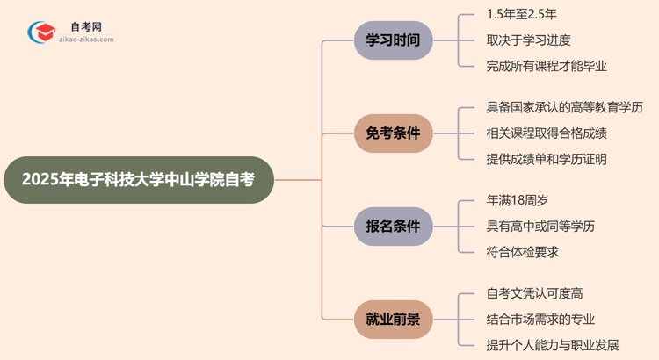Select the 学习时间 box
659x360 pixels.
click(x=393, y=40)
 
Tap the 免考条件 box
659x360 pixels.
click(x=393, y=133)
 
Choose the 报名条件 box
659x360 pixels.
click(x=393, y=227)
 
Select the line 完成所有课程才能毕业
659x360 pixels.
click(x=547, y=66)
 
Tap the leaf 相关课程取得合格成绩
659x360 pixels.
click(x=547, y=133)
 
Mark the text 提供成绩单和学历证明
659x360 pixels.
click(x=547, y=159)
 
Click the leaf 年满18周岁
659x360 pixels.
click(x=523, y=201)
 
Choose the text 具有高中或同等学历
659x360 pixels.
click(x=540, y=227)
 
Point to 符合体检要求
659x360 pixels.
click(x=523, y=252)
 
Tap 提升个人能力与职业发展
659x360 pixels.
click(x=553, y=345)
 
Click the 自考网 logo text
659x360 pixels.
click(x=86, y=27)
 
